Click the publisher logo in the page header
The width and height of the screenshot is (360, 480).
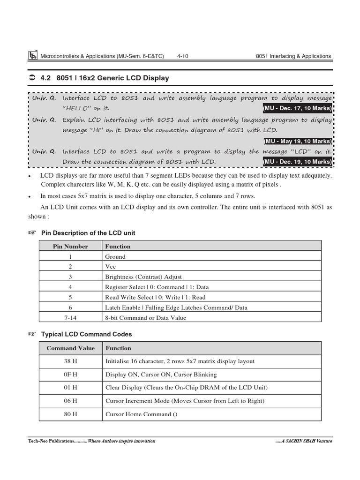(x=33, y=56)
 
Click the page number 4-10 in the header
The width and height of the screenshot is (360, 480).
(x=183, y=56)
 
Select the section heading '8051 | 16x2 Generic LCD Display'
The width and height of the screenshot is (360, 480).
(x=112, y=78)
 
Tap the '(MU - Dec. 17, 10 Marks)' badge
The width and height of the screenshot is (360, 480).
(x=297, y=108)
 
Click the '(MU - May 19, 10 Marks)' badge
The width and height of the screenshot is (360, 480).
(x=297, y=141)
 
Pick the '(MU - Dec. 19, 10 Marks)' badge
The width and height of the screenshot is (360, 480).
(x=297, y=162)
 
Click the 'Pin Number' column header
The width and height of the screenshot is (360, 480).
(x=70, y=246)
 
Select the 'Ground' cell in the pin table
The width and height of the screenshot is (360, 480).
(x=115, y=256)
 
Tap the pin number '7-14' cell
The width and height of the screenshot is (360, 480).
(x=70, y=318)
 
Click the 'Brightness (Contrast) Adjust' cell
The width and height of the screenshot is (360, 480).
(x=143, y=277)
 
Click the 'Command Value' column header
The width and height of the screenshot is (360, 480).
(x=70, y=348)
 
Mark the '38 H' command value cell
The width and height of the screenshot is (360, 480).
(x=70, y=361)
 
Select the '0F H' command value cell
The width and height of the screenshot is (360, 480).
(x=70, y=375)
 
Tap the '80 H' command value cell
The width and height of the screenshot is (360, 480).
(x=70, y=414)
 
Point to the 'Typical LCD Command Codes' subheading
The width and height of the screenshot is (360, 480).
(x=86, y=334)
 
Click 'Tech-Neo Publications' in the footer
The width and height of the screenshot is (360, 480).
(x=51, y=441)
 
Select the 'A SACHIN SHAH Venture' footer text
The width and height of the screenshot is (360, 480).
(x=305, y=441)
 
